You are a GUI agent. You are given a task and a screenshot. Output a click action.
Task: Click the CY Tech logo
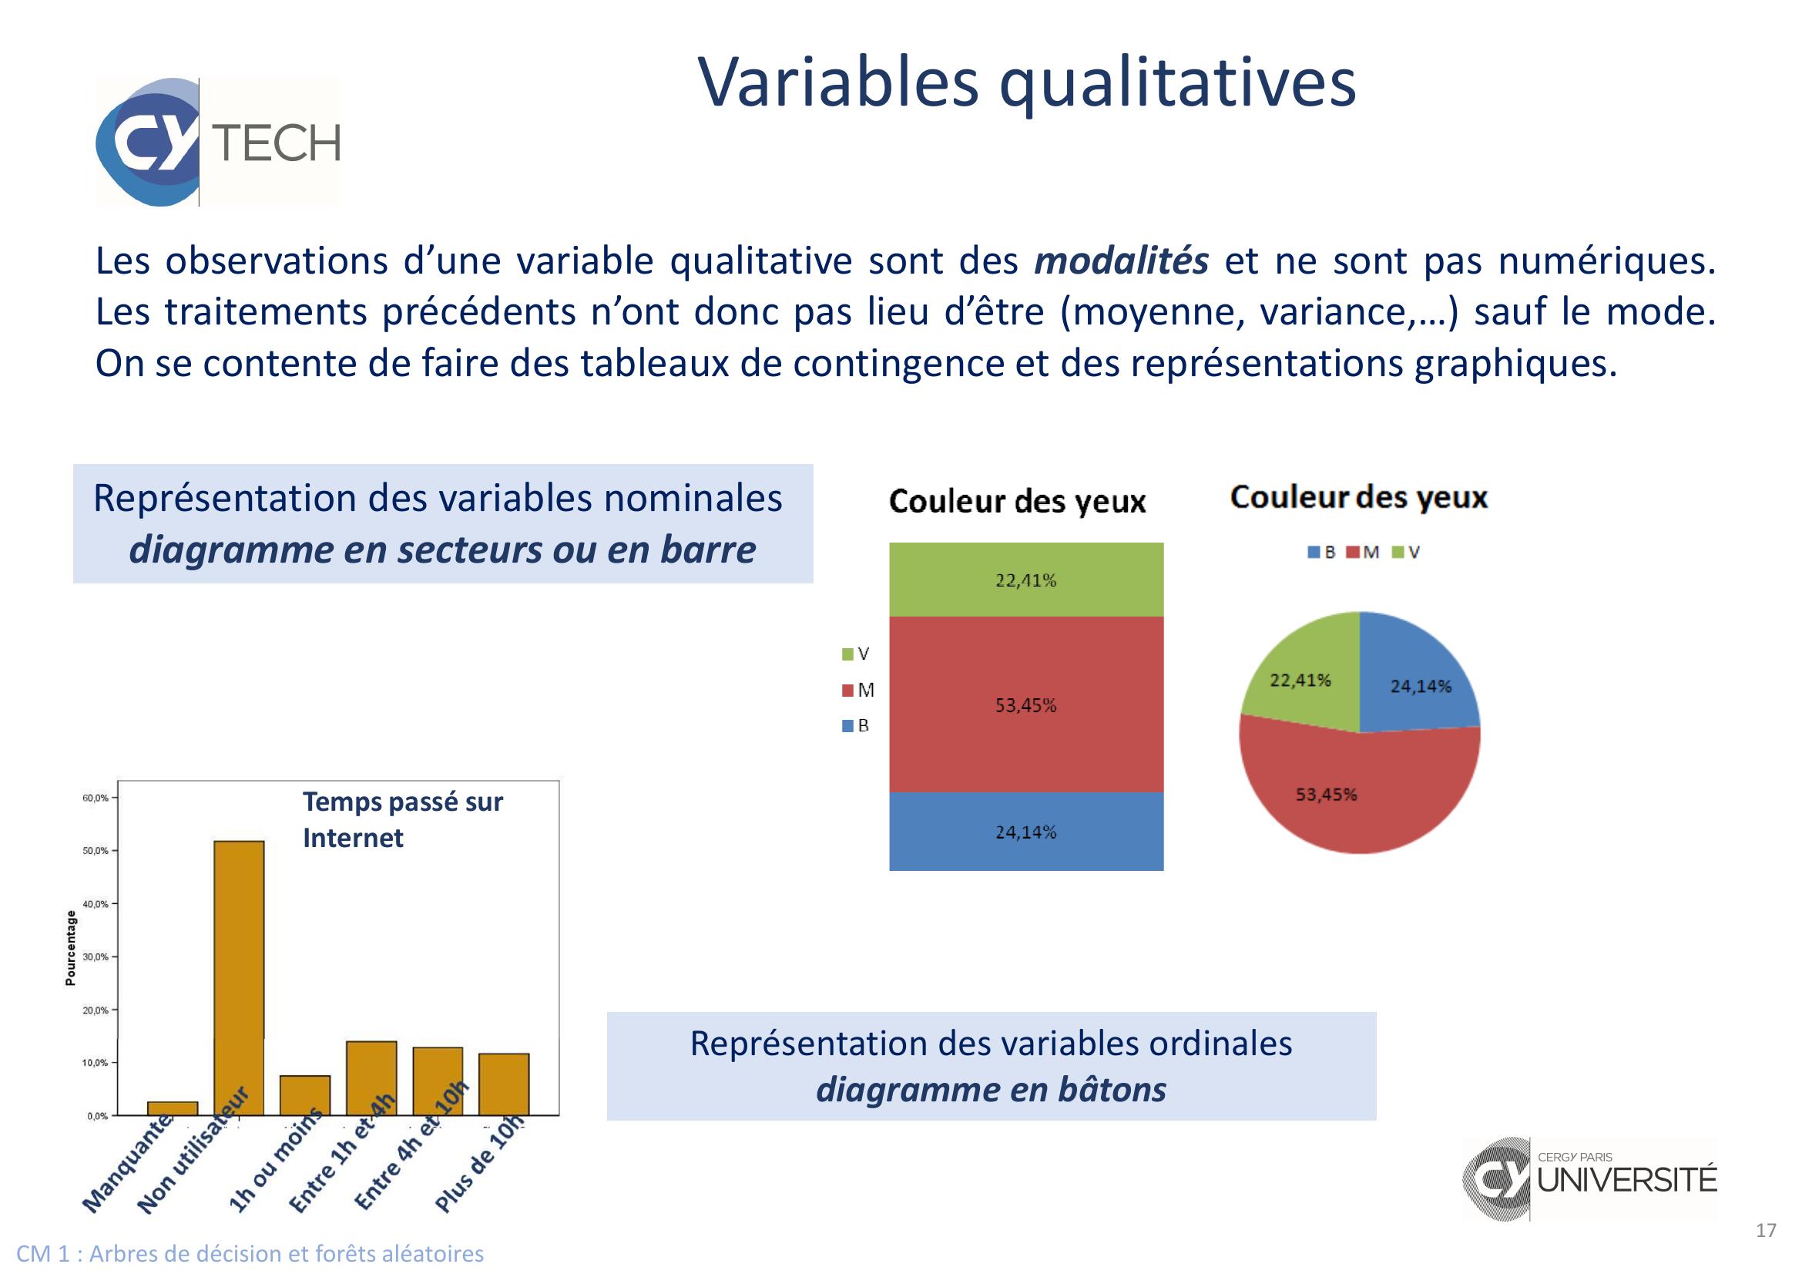217,142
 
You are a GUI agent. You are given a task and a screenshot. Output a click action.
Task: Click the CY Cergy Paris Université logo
1589,1178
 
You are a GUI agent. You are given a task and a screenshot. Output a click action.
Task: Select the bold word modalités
1121,261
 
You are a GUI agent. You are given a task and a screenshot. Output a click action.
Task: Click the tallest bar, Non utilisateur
240,978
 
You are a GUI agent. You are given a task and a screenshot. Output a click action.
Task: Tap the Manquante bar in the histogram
173,1108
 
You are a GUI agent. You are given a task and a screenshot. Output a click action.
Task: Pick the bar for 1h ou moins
305,1095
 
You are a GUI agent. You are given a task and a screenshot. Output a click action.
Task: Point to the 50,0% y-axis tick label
95,851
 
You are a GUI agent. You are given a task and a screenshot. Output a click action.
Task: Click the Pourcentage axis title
71,947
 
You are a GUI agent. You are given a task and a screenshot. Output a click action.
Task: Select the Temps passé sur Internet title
403,819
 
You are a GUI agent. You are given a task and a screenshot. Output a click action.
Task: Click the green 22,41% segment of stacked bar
1025,580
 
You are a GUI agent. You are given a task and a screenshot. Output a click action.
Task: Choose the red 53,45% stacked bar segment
1025,704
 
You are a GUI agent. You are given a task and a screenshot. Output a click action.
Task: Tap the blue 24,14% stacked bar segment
1025,832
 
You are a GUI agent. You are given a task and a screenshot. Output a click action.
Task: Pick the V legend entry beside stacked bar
855,654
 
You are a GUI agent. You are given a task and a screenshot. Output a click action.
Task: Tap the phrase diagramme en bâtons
992,1089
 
